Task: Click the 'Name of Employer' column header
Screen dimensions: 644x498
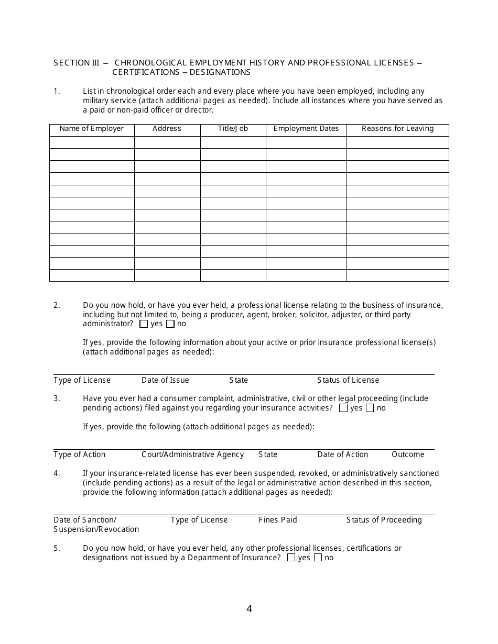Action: pos(92,129)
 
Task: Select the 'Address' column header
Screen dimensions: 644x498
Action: pos(167,129)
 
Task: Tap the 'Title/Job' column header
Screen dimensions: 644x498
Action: pos(233,129)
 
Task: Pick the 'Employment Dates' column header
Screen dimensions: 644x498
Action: pos(306,129)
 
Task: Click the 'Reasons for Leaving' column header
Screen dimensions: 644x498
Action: pos(397,129)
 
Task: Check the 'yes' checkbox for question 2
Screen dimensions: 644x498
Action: pos(144,324)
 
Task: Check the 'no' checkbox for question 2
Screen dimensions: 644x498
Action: pos(170,324)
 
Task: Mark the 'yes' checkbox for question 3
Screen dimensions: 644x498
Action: pos(343,408)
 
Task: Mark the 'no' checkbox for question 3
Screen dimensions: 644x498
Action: pos(370,408)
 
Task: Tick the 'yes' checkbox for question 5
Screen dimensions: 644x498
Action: pos(291,558)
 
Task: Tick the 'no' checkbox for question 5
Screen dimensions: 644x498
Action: pos(318,558)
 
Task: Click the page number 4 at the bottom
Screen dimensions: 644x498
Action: pos(249,609)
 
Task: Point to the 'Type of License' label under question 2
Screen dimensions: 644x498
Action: pos(82,380)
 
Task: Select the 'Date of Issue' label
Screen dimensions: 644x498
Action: pos(165,380)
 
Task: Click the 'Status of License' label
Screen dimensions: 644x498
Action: pos(348,380)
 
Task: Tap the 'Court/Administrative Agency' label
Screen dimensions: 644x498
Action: pos(193,454)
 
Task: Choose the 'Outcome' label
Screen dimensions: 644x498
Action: pos(408,454)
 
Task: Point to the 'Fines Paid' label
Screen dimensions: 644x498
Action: pos(278,520)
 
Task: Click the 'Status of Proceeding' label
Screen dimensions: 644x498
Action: pos(384,520)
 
